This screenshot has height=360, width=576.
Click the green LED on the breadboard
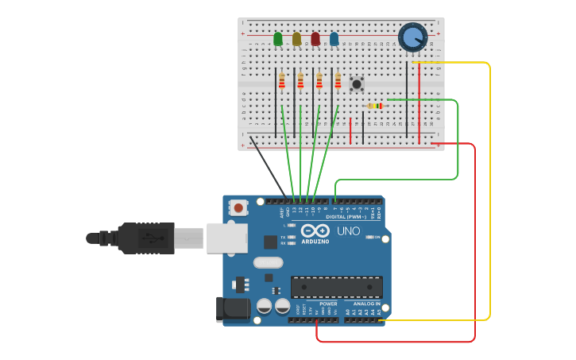[278, 38]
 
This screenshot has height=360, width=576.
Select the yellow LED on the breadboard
[297, 38]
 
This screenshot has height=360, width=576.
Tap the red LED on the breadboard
[315, 38]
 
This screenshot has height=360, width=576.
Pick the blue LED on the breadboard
[334, 38]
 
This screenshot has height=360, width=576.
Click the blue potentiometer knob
[413, 37]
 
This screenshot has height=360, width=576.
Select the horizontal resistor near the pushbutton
[376, 106]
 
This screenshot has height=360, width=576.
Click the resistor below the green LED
[281, 80]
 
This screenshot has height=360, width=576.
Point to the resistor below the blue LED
[338, 80]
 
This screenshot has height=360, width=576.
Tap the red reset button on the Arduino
[238, 207]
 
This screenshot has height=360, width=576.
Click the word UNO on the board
[348, 231]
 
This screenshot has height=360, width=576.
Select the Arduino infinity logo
[316, 230]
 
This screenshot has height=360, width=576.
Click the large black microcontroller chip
[336, 287]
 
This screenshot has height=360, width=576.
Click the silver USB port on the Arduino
[226, 238]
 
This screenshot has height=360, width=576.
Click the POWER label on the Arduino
[328, 304]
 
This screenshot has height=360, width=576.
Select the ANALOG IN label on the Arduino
[366, 304]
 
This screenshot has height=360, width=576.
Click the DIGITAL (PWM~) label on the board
[346, 216]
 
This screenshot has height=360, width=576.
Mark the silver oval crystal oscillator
[268, 262]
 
